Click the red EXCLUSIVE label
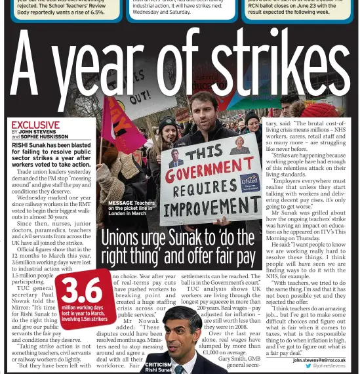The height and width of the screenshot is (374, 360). (x=35, y=125)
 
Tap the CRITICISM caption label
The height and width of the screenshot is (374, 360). (x=158, y=364)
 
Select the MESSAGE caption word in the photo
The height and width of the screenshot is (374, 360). (x=121, y=203)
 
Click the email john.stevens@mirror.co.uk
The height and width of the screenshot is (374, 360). (x=319, y=360)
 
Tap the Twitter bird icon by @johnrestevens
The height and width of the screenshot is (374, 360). (x=308, y=366)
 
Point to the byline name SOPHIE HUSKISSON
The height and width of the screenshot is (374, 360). (x=45, y=136)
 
